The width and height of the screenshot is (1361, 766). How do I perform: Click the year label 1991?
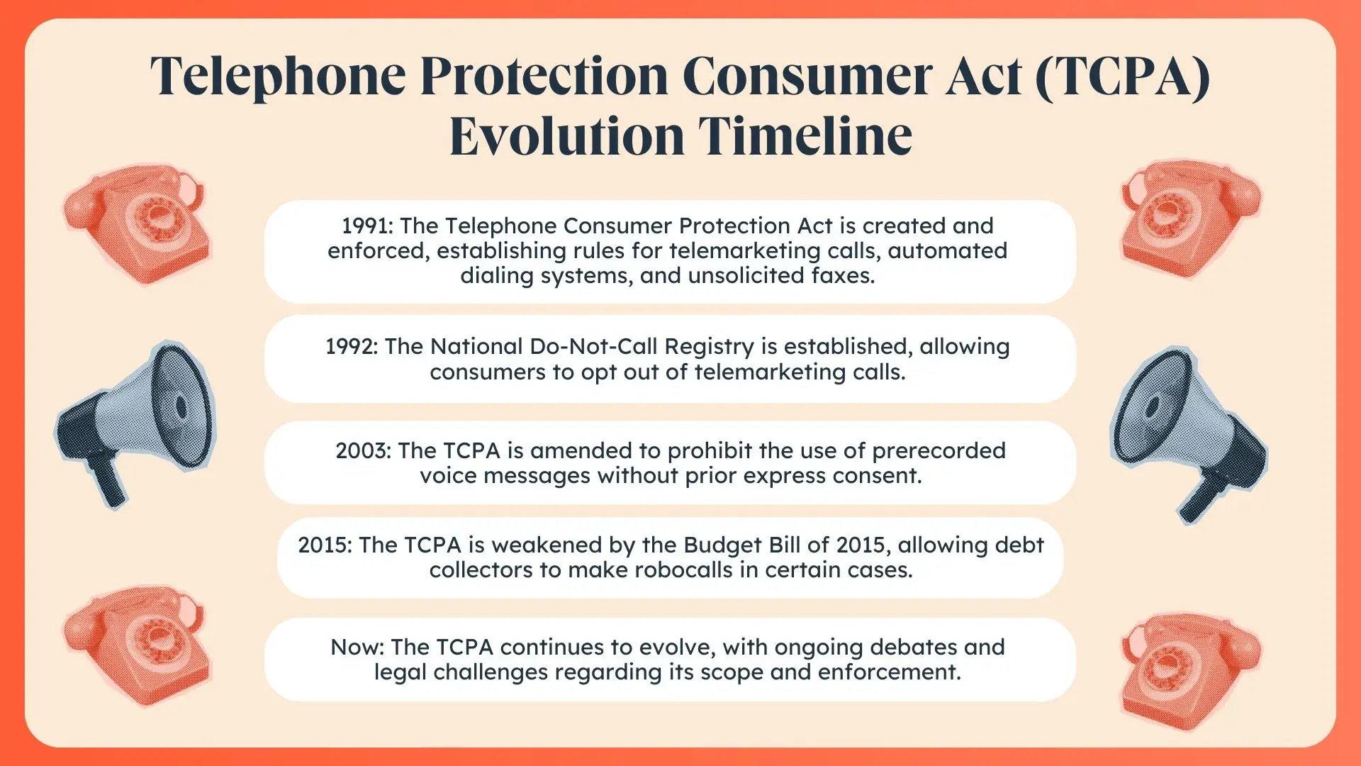coord(366,226)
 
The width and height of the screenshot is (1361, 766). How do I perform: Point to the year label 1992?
coord(352,346)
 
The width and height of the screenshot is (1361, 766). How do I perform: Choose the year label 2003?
coord(363,450)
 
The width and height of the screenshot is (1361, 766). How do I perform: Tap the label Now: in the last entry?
coord(357,647)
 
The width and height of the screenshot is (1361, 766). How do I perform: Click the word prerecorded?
coord(939,451)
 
